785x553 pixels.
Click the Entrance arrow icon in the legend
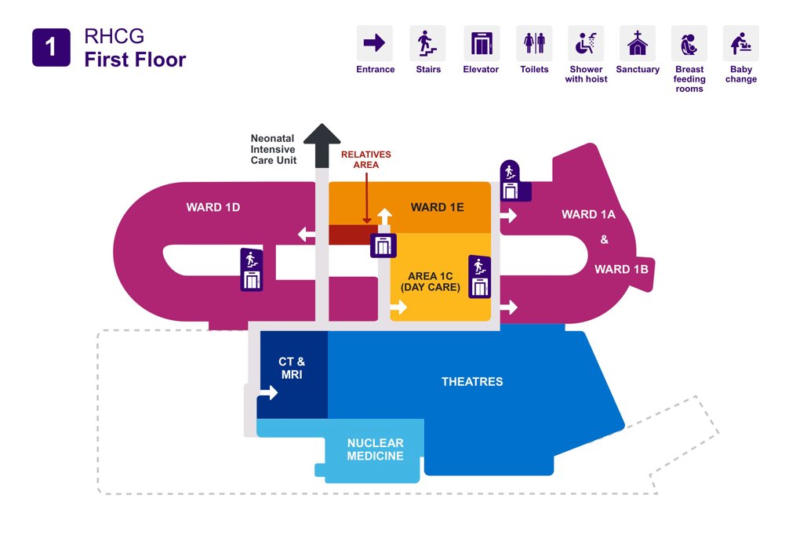[x=375, y=43]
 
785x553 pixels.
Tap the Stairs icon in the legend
[x=427, y=43]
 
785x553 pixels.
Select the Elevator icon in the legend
[x=481, y=43]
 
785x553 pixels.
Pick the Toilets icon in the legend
[x=534, y=43]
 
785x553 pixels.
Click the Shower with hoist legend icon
[x=586, y=43]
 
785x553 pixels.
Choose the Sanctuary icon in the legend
[x=638, y=43]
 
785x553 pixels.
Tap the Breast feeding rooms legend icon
[x=689, y=43]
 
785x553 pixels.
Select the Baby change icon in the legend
[x=740, y=43]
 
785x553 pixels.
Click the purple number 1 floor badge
[x=51, y=47]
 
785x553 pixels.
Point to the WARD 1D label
[x=213, y=208]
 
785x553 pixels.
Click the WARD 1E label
[x=438, y=207]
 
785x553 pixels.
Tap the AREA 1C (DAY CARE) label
[x=431, y=282]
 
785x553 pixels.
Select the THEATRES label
[x=472, y=382]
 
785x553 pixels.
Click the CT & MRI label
[x=292, y=369]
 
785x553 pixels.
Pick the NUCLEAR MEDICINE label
[x=375, y=449]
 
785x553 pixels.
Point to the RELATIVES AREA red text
[x=365, y=160]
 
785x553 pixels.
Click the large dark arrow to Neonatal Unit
[x=322, y=144]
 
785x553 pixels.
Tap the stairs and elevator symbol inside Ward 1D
[x=252, y=270]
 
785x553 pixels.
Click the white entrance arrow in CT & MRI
[x=269, y=392]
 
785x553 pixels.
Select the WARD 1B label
[x=621, y=269]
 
